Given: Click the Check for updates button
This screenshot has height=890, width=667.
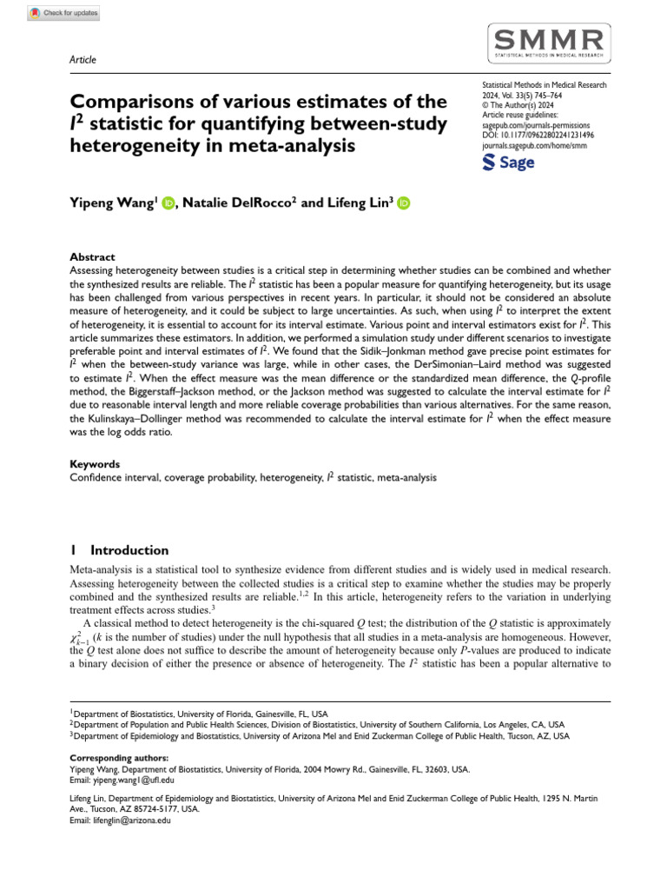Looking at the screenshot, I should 64,13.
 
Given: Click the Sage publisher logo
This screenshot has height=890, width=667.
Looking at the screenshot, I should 508,163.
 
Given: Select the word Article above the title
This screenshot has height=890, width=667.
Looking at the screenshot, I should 83,60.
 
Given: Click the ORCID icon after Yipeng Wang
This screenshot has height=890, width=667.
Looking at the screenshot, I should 168,203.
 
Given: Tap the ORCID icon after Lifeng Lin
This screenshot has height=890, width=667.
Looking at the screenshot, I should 404,203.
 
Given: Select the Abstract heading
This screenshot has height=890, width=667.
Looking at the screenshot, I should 92,256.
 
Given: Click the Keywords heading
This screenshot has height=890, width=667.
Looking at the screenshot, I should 95,464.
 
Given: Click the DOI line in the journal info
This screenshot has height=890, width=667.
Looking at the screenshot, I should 538,135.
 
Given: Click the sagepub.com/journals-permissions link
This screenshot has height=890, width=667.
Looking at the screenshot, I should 538,125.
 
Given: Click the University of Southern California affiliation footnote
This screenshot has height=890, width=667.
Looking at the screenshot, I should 318,723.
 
